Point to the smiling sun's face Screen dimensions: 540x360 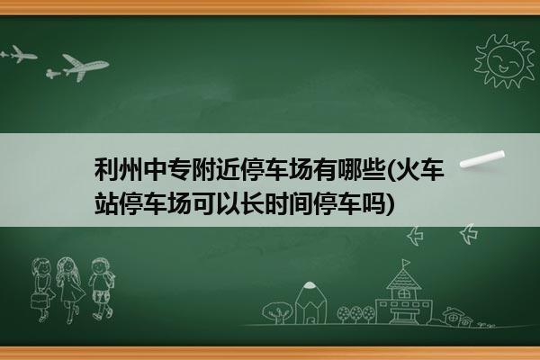(x=505, y=62)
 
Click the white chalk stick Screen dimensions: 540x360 (x=482, y=158)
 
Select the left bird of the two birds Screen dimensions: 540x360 (x=415, y=236)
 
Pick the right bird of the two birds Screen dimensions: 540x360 (x=469, y=234)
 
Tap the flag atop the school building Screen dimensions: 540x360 (x=407, y=263)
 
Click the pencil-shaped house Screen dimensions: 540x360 (x=310, y=302)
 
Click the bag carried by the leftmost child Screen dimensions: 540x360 (x=39, y=301)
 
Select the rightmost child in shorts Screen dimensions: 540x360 (x=101, y=289)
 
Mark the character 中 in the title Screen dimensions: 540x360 (x=156, y=169)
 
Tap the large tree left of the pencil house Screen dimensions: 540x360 (x=276, y=312)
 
